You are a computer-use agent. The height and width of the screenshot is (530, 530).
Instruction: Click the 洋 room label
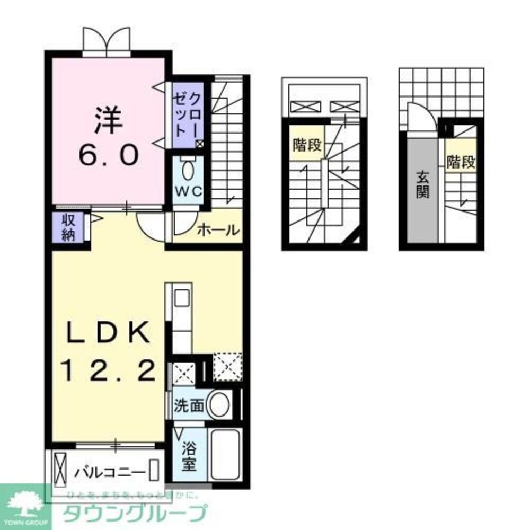pyautogui.click(x=109, y=120)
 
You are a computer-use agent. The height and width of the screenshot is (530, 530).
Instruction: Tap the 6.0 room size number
pyautogui.click(x=110, y=155)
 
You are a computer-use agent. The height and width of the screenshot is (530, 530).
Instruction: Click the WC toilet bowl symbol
pyautogui.click(x=188, y=171)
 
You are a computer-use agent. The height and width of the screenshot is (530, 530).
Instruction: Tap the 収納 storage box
pyautogui.click(x=68, y=228)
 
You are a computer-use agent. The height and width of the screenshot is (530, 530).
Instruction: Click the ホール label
pyautogui.click(x=217, y=230)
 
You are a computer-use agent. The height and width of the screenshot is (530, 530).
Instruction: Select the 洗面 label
pyautogui.click(x=189, y=406)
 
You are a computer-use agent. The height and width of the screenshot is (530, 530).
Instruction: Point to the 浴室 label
pyautogui.click(x=189, y=457)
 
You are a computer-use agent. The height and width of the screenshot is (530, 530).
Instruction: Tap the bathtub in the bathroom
pyautogui.click(x=226, y=455)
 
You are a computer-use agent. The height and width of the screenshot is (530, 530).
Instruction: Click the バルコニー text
pyautogui.click(x=110, y=470)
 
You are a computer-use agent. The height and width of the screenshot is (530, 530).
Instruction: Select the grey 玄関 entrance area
pyautogui.click(x=422, y=185)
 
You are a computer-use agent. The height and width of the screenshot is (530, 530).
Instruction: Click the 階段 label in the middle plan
pyautogui.click(x=306, y=146)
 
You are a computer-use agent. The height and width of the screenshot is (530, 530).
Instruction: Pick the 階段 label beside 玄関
pyautogui.click(x=460, y=162)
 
